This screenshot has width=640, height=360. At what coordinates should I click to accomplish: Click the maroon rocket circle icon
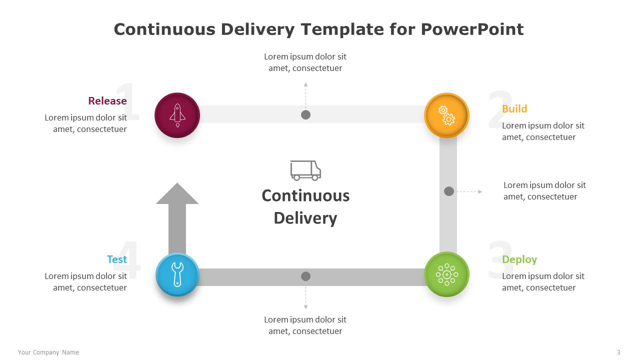[x=177, y=115]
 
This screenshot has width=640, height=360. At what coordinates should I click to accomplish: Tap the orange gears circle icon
[x=446, y=115]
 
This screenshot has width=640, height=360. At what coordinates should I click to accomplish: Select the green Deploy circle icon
[x=446, y=274]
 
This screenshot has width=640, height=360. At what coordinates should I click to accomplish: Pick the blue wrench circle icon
[x=177, y=274]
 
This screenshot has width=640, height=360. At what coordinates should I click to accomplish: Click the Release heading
[x=107, y=101]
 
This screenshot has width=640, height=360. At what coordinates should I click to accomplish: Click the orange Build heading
[x=514, y=109]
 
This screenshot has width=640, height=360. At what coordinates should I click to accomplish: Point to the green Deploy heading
[x=519, y=259]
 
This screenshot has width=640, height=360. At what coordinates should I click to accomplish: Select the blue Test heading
[x=117, y=259]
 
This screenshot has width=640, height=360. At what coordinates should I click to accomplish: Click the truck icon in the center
[x=305, y=170]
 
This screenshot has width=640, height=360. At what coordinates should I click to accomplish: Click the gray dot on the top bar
[x=305, y=115]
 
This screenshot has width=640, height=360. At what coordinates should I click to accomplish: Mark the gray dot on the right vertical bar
[x=449, y=191]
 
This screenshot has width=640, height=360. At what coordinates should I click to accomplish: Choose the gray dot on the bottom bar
[x=305, y=276]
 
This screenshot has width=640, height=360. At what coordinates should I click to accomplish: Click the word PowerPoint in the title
[x=472, y=29]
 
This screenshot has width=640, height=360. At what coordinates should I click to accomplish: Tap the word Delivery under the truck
[x=305, y=218]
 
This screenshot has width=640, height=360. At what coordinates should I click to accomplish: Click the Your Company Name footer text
[x=48, y=352]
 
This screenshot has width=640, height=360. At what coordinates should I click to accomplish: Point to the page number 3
[x=618, y=352]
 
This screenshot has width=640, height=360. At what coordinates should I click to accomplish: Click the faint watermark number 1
[x=127, y=101]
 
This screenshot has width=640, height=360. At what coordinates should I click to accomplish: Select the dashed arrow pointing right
[x=469, y=191]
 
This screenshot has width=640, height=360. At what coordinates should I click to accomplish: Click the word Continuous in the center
[x=305, y=196]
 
